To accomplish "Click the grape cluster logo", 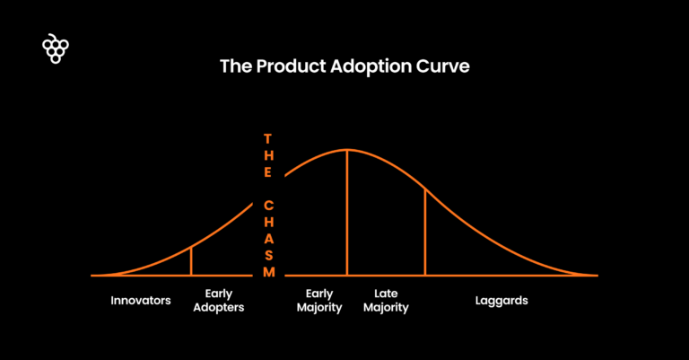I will (x=56, y=49).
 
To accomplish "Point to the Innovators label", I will (x=141, y=301).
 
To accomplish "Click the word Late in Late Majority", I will (x=386, y=294).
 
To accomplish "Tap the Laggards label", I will (x=501, y=301).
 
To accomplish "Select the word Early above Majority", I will (x=319, y=294).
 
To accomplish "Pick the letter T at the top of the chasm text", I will (x=267, y=139).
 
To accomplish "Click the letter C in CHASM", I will (x=267, y=205).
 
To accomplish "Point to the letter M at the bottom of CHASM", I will (x=267, y=272).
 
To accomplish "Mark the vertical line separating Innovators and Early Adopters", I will (x=191, y=260).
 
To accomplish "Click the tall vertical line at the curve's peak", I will (x=347, y=215).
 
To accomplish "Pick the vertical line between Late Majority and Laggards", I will (x=425, y=233).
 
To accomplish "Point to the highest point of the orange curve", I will (x=347, y=149).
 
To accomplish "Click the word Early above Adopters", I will (x=220, y=294).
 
